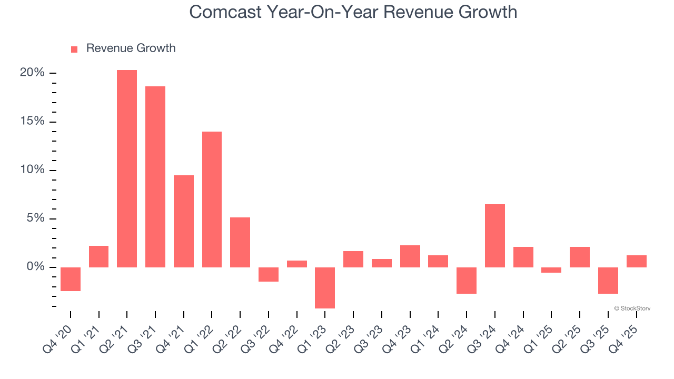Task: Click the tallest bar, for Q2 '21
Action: tap(127, 168)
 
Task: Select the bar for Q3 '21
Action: tap(155, 177)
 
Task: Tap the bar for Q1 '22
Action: tap(212, 200)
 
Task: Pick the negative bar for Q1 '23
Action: tap(325, 287)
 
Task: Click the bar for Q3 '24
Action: tap(495, 236)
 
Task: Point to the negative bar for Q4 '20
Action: tap(71, 279)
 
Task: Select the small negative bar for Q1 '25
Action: tap(551, 270)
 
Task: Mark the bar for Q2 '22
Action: tap(240, 242)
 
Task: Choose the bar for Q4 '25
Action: tap(636, 261)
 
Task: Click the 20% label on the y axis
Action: tap(32, 73)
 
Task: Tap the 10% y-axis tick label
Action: tap(32, 170)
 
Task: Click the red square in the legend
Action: tap(74, 49)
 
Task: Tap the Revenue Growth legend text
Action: tap(131, 48)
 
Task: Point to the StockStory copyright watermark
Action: tap(632, 308)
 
